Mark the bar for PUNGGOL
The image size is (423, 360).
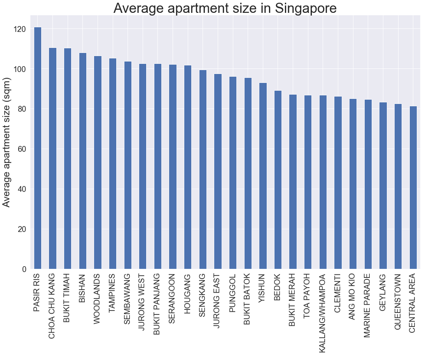point(232,173)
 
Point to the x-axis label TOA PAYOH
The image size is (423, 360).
point(308,296)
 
